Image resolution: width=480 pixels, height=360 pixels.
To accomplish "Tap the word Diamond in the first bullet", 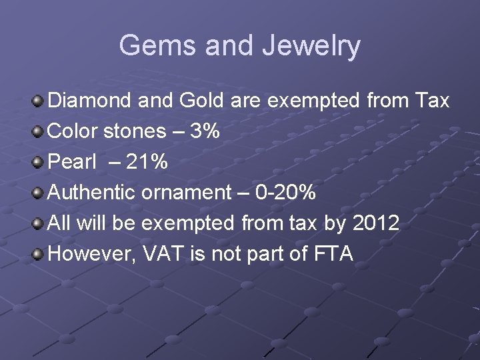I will coord(92,101).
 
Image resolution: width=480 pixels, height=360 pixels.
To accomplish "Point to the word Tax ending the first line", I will coord(432,101).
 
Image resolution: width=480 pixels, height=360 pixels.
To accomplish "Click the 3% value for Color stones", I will coord(205,131).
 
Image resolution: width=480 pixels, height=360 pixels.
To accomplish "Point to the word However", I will coord(91,254).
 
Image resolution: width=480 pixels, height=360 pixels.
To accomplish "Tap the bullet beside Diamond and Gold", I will coord(39,101).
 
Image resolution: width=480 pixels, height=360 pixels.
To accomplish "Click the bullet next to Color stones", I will coord(39,132).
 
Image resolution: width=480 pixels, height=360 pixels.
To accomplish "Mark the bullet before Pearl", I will coord(39,163).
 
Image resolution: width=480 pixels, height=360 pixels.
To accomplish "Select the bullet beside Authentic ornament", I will coord(39,193).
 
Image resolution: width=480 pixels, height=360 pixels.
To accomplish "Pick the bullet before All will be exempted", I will coord(39,223).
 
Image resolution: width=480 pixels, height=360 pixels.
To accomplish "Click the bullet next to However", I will coord(39,254).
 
